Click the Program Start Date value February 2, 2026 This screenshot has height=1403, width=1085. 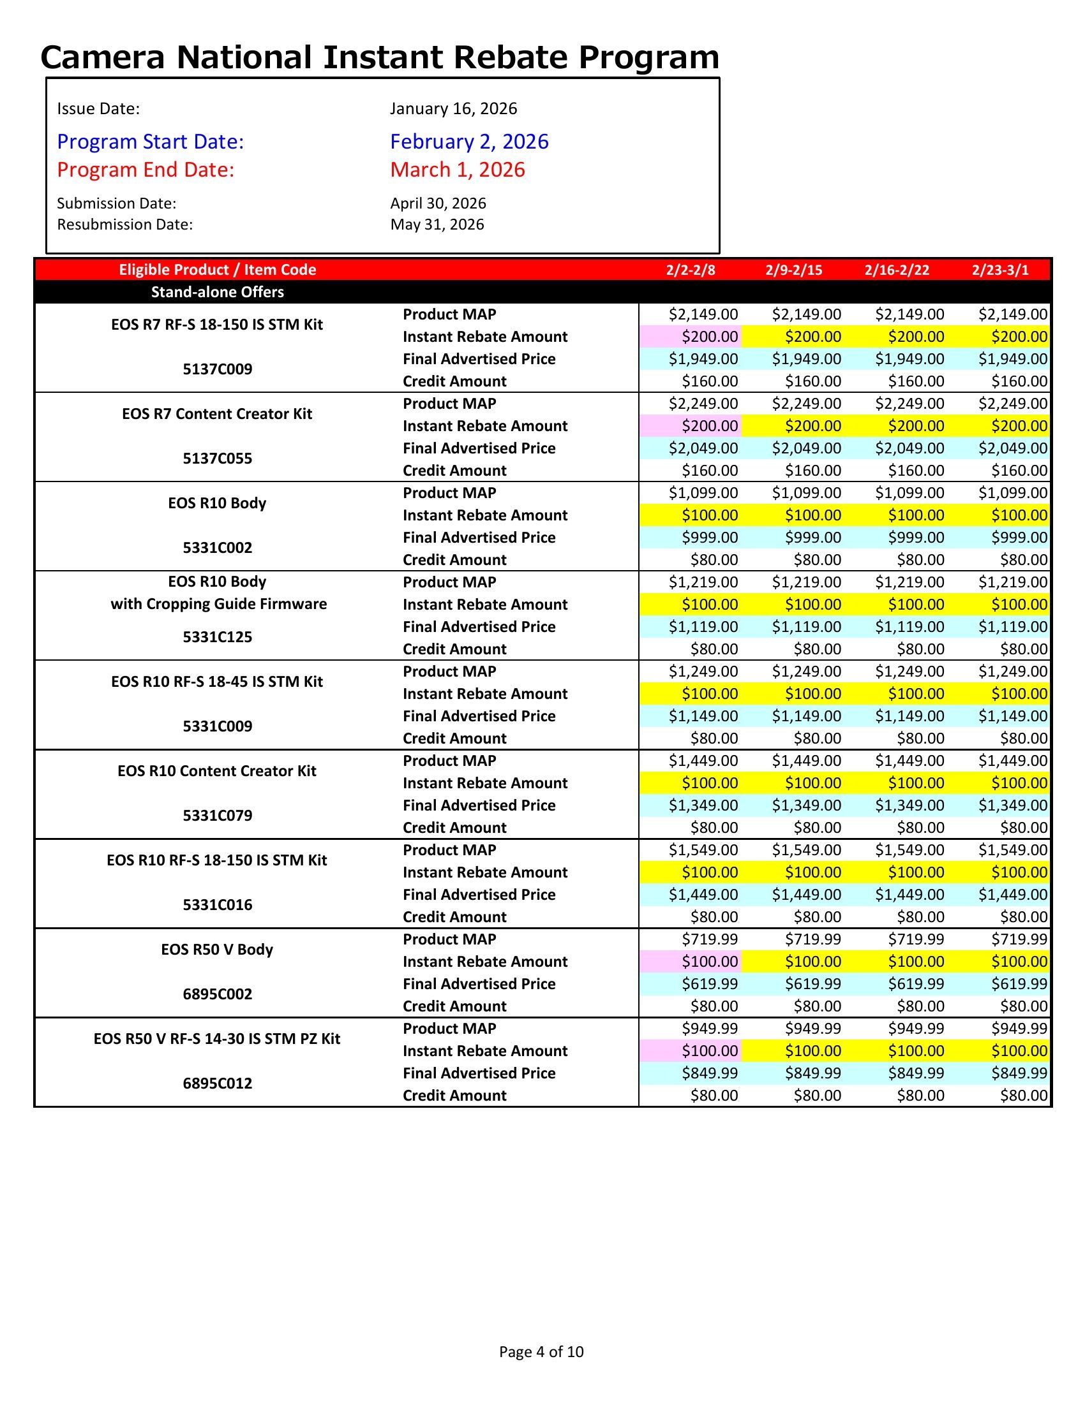coord(469,142)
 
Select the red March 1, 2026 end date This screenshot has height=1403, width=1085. coord(458,170)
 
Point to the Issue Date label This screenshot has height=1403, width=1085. coord(98,108)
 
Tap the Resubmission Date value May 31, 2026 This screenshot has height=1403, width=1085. coord(437,224)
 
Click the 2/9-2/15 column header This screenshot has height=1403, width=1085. coord(794,270)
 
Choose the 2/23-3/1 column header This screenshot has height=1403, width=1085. coord(1000,270)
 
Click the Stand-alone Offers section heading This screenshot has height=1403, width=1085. coord(217,292)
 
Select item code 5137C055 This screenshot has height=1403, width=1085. coord(217,459)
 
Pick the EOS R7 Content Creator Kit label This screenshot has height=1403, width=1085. coord(217,414)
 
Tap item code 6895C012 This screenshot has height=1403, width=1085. coord(217,1083)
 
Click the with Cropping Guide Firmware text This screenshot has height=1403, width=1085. coord(218,604)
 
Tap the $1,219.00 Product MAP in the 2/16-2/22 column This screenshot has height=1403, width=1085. coord(909,582)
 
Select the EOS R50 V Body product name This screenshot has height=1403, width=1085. coord(217,950)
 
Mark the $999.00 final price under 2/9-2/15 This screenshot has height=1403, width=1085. coord(812,538)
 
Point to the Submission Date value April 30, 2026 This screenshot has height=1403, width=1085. coord(438,203)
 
